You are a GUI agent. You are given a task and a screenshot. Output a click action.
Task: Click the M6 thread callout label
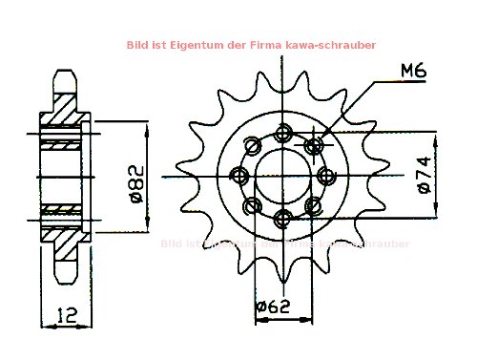tap(413, 70)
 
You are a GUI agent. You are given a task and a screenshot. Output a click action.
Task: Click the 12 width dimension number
tap(65, 312)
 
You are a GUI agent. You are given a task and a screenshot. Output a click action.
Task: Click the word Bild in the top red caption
tap(137, 45)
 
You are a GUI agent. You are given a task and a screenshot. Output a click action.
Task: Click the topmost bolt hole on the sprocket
tap(281, 133)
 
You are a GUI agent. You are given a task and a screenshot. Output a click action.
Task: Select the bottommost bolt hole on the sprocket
tap(281, 220)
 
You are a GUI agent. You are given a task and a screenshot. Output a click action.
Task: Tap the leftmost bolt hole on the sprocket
tap(238, 176)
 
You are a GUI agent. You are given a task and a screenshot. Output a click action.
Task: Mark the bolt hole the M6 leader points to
tap(312, 145)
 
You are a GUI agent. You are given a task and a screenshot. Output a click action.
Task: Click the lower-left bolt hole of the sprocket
tap(252, 206)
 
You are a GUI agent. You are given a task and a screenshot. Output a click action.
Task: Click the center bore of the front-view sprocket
tap(281, 177)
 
